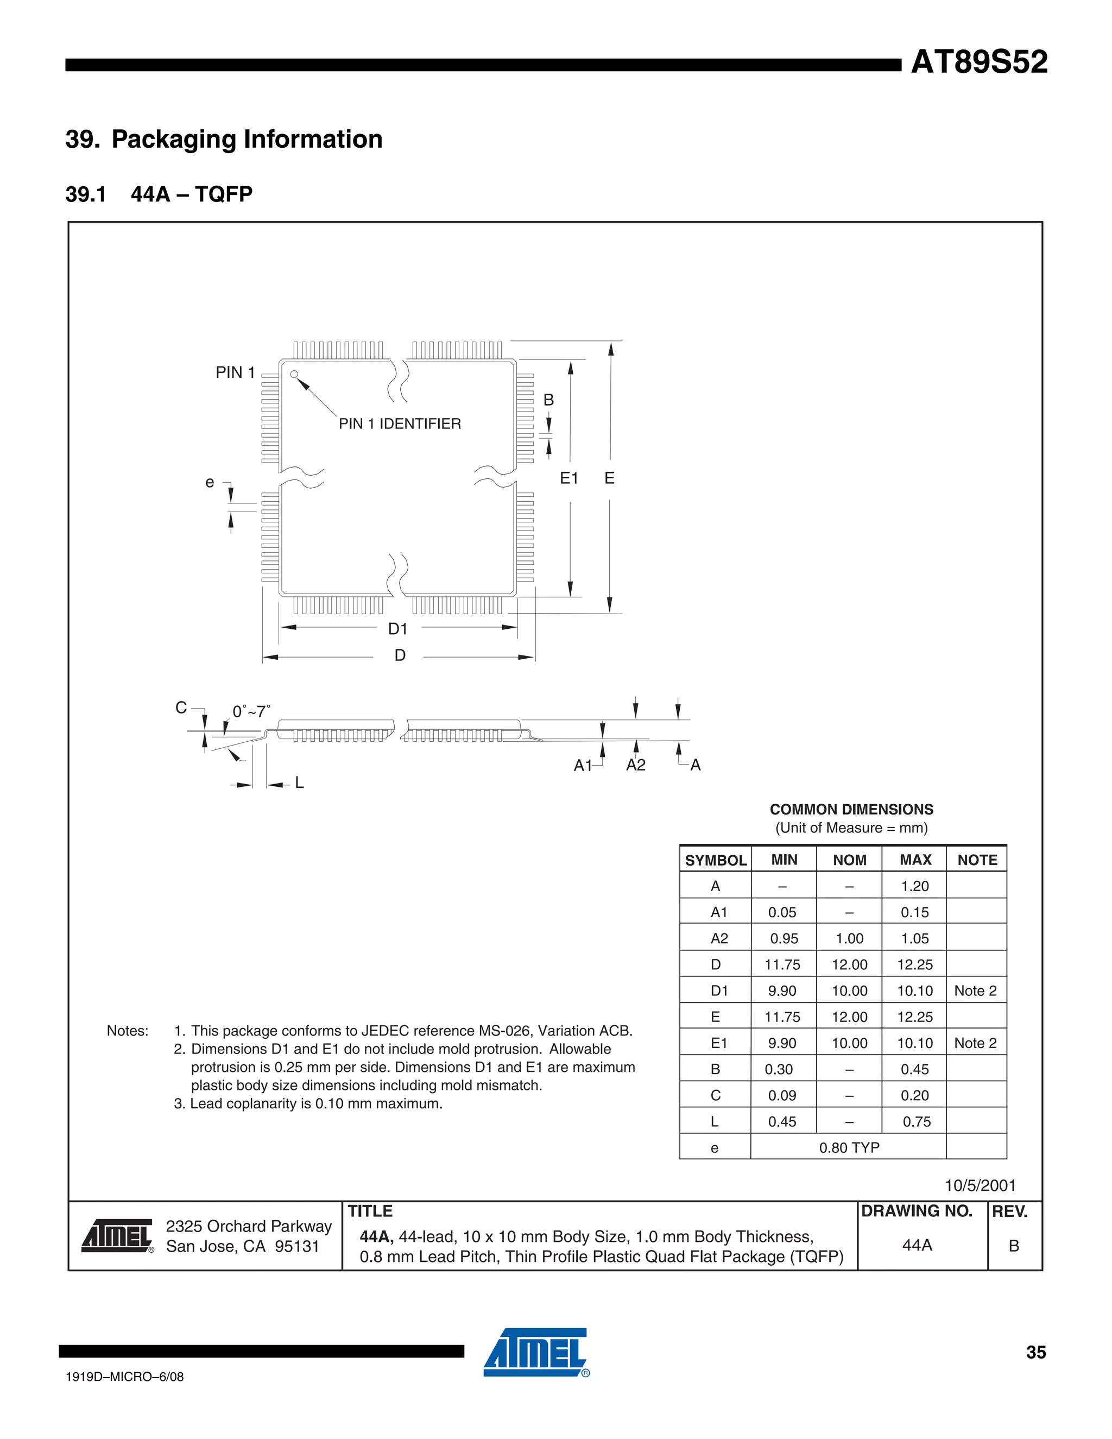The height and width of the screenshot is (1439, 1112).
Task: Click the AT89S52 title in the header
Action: click(x=979, y=62)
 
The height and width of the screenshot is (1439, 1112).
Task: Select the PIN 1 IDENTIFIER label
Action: click(x=400, y=424)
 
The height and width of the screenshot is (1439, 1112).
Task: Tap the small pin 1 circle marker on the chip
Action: click(x=294, y=374)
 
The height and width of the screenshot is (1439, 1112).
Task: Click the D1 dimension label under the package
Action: click(x=398, y=629)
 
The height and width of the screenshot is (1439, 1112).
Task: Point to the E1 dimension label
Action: click(x=569, y=478)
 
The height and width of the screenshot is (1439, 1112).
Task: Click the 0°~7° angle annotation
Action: click(x=251, y=711)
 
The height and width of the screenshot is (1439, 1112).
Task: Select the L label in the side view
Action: click(x=299, y=782)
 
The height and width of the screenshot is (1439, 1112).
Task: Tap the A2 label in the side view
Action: click(x=636, y=765)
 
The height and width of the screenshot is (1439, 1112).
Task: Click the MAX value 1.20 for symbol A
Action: click(x=915, y=886)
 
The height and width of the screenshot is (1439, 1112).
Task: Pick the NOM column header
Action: click(x=849, y=860)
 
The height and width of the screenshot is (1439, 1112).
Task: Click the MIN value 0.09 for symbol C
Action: click(x=782, y=1096)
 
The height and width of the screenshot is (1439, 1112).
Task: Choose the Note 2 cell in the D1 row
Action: click(x=976, y=991)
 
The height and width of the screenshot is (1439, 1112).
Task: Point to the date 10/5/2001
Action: click(x=980, y=1186)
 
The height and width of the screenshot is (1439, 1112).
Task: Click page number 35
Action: click(x=1035, y=1353)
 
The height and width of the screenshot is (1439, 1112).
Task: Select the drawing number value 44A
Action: click(x=917, y=1245)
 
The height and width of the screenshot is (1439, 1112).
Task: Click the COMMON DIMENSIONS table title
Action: click(x=851, y=810)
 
